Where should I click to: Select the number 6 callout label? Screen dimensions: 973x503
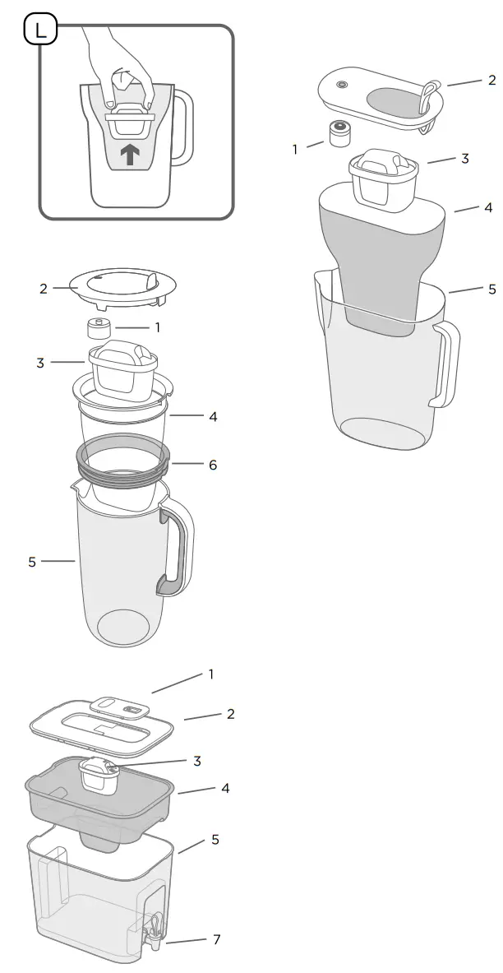(x=213, y=465)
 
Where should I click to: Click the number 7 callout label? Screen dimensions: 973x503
(x=217, y=939)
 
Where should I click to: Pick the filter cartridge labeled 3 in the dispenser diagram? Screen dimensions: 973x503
(x=99, y=774)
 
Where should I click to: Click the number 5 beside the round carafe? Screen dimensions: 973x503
(x=32, y=563)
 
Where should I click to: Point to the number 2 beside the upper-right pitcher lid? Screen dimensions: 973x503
(x=492, y=80)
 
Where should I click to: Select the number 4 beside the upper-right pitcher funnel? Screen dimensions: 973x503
(x=489, y=207)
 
